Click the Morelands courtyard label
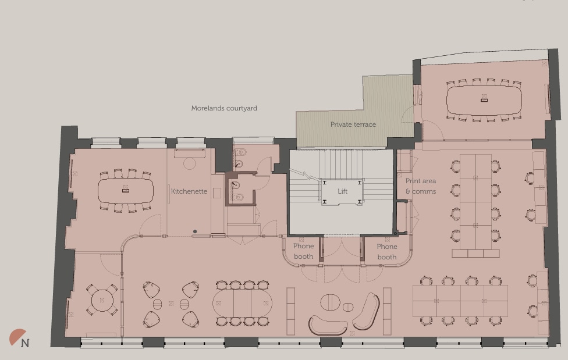click(224, 108)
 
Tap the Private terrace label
click(353, 124)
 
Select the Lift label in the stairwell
click(342, 191)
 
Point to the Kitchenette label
click(189, 191)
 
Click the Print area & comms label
click(420, 186)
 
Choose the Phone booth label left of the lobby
click(303, 251)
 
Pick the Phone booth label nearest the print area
click(386, 251)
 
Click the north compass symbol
click(17, 337)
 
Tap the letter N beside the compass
click(25, 343)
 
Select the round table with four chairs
click(102, 300)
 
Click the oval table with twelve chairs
click(242, 303)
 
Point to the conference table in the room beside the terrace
click(484, 101)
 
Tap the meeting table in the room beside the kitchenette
click(125, 190)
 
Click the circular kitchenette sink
click(189, 163)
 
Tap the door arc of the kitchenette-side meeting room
click(151, 224)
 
